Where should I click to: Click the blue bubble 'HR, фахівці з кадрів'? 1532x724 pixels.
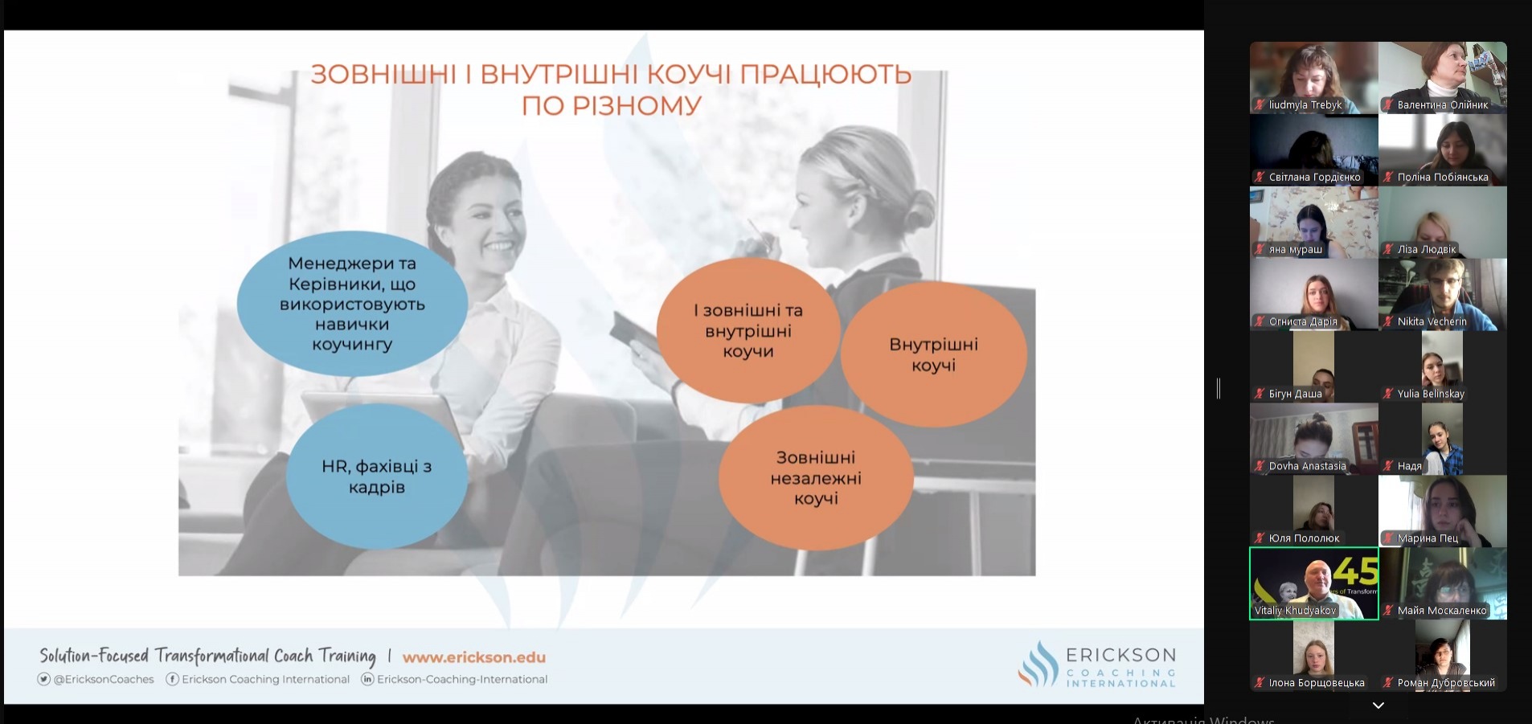point(376,477)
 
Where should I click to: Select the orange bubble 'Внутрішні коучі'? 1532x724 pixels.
point(933,354)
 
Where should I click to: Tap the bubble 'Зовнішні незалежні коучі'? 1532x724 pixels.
point(816,478)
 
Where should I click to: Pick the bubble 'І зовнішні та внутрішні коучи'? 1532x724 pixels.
point(748,330)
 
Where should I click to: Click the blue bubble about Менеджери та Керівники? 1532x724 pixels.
point(352,303)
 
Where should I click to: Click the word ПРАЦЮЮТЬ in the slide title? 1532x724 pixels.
point(825,75)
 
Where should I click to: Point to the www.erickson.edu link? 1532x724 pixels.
point(474,657)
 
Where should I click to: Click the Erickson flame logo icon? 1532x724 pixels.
point(1038,664)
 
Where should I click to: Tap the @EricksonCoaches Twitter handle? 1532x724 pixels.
point(96,679)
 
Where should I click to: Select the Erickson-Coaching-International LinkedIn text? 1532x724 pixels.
point(454,679)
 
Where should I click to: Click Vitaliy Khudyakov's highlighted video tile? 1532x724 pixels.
point(1314,583)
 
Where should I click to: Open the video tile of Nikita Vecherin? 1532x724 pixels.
point(1443,294)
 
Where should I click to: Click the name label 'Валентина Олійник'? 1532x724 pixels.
point(1443,104)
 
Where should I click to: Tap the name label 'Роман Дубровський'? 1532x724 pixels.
point(1446,683)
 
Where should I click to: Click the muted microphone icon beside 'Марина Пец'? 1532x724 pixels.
point(1388,538)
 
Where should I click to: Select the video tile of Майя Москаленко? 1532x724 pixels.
point(1443,583)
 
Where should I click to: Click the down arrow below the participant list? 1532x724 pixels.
point(1378,706)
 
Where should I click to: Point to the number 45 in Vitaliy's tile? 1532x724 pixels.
point(1356,572)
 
